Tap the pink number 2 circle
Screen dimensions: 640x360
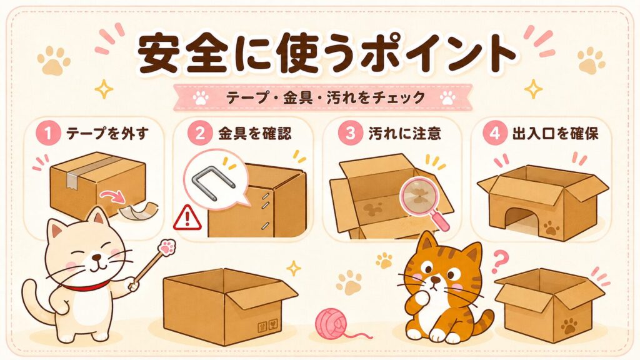pos(200,134)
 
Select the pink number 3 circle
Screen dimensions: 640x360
pos(350,134)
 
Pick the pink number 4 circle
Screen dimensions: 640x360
pos(495,134)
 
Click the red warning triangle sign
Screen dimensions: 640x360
pos(187,218)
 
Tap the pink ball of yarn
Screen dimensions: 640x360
pos(331,323)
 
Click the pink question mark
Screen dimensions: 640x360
pos(499,262)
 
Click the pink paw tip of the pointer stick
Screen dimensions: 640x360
pos(166,247)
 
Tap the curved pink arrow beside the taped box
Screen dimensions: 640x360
pos(114,196)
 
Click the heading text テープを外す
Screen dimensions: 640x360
pos(107,134)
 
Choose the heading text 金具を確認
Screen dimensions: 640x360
pos(255,134)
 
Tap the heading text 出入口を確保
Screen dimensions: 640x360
pos(555,134)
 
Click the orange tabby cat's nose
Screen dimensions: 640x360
pos(436,281)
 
